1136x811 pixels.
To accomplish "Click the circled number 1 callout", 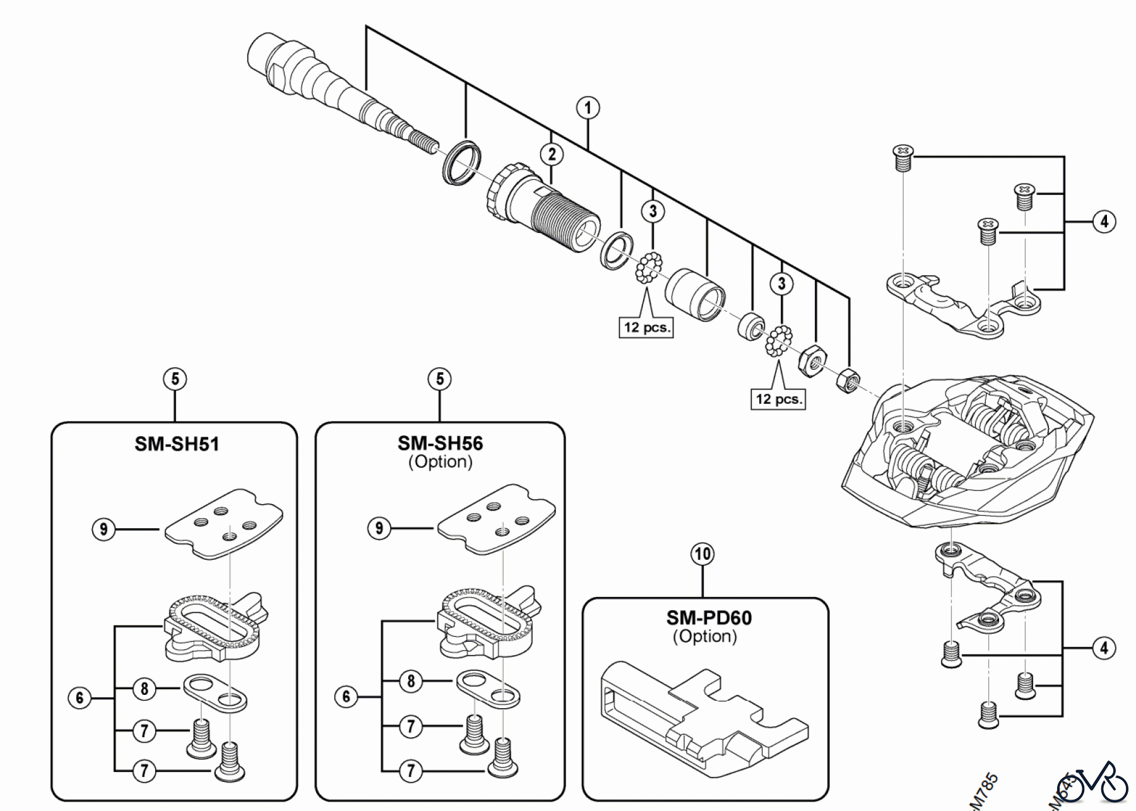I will pos(588,108).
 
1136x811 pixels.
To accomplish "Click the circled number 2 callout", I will pos(552,155).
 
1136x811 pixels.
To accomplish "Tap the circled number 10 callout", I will pos(702,554).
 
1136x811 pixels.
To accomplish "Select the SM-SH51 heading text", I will pos(177,444).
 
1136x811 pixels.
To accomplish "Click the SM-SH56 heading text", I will pos(440,443).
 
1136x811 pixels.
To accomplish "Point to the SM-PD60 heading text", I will pos(709,617).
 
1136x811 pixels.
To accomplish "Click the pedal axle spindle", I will pos(328,88).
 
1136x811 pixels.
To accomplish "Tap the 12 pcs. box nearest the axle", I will pos(646,327).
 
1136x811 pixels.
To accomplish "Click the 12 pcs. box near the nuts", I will pos(778,399).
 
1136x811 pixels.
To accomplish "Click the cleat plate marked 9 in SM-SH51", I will pos(223,523).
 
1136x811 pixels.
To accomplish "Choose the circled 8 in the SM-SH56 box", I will pos(411,682).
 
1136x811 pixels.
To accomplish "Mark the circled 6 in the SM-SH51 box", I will pos(80,697).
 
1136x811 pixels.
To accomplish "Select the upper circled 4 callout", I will pos(1104,222).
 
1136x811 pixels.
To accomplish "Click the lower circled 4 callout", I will pos(1104,648).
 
